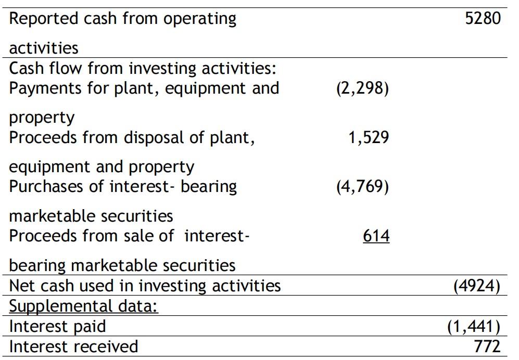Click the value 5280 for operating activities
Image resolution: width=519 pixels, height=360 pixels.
pos(483,19)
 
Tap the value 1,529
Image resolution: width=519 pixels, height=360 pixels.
pos(369,138)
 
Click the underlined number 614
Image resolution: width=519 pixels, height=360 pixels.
pos(376,236)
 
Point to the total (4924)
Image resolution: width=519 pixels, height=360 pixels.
pos(477,286)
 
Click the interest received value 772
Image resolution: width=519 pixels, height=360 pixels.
pos(487,346)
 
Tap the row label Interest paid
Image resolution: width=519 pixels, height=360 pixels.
pos(57,326)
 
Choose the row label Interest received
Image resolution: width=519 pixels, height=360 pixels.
pos(74,346)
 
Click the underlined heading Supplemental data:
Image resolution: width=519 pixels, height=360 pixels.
pos(84,306)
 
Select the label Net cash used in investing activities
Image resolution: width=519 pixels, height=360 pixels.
pos(145,286)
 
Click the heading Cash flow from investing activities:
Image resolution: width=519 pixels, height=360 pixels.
pos(142,68)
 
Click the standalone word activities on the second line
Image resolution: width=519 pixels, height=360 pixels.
pos(44,48)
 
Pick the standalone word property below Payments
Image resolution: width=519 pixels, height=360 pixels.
pos(42,118)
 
